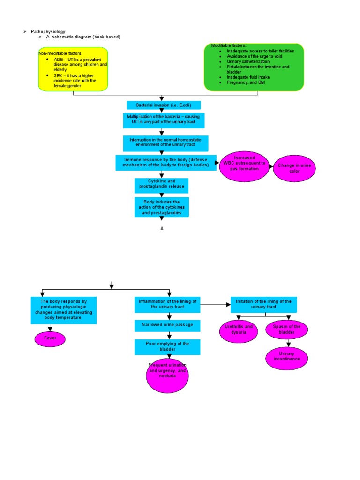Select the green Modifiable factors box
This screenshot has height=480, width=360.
click(x=254, y=67)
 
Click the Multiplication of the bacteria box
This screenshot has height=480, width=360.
click(x=164, y=120)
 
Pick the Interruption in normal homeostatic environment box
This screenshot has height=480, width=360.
click(x=165, y=143)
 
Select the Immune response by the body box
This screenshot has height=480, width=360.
click(x=166, y=163)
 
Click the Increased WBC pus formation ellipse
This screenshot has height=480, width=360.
click(x=244, y=166)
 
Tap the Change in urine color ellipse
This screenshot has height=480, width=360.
click(x=294, y=168)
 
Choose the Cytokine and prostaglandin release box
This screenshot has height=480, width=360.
click(x=161, y=185)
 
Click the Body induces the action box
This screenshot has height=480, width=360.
click(x=162, y=207)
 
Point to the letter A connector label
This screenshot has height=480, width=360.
click(x=162, y=228)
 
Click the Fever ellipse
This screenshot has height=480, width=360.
click(x=50, y=338)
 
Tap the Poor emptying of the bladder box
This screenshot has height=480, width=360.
click(x=167, y=347)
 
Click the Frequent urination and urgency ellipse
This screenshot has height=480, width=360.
click(x=167, y=375)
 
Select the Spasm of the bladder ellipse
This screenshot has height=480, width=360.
click(x=286, y=329)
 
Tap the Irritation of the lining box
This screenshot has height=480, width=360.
click(x=263, y=304)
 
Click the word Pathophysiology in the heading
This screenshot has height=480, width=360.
click(x=48, y=31)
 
